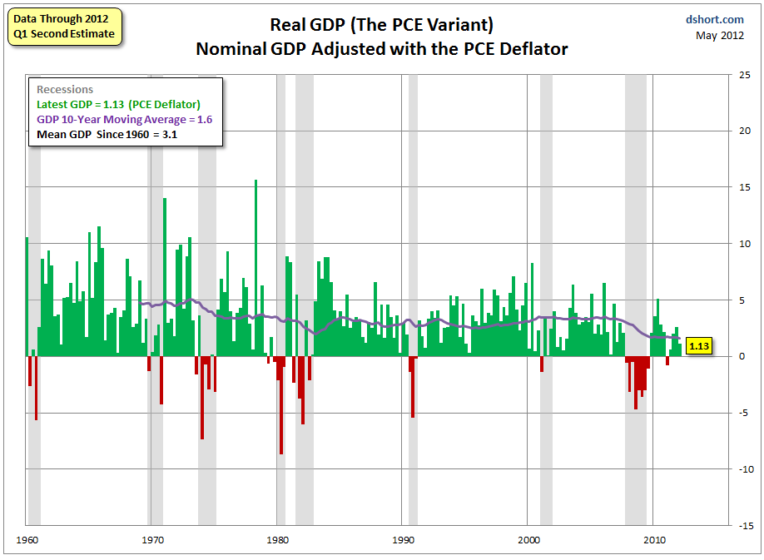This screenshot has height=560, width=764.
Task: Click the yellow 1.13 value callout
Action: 699,346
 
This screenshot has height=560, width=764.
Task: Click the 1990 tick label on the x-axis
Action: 402,539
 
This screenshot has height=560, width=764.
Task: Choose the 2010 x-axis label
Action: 653,539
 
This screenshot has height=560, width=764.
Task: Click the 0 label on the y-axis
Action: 748,356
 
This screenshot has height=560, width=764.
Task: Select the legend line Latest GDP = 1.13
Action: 118,105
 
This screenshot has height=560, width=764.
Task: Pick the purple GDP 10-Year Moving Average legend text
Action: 125,119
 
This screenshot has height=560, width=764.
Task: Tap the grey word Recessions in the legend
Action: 65,90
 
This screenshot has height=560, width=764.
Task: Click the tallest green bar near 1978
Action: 255,266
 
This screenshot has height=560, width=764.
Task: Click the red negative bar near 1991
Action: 412,387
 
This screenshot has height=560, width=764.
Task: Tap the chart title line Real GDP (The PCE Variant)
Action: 382,25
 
